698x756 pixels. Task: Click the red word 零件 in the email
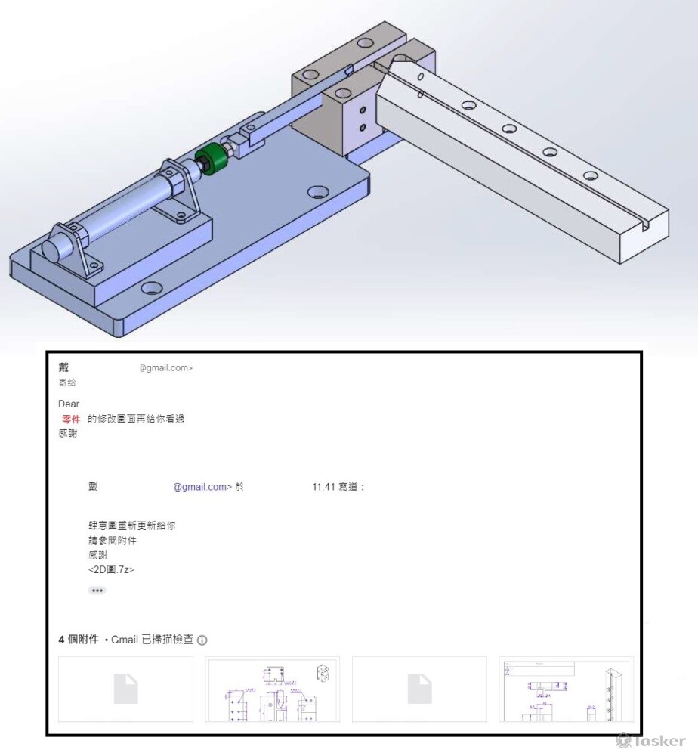(71, 420)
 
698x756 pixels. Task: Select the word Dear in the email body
(69, 404)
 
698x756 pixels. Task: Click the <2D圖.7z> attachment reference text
(111, 569)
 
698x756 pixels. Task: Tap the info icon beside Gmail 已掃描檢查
(202, 640)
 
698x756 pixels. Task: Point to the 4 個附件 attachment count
(79, 640)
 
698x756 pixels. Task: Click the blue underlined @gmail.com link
(200, 487)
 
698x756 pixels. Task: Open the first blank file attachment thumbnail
(125, 689)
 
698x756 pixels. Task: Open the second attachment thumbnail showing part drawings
(272, 689)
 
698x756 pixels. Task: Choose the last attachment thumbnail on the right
(566, 689)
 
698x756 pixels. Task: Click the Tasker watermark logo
(650, 741)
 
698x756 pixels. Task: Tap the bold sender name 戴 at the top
(63, 368)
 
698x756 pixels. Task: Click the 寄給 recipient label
(66, 383)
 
